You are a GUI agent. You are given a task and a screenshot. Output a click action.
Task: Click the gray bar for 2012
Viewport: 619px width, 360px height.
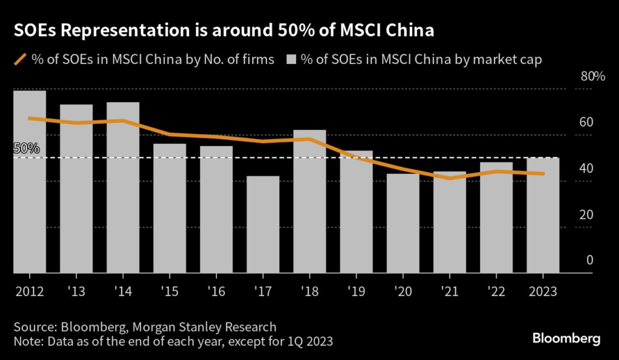tap(30, 181)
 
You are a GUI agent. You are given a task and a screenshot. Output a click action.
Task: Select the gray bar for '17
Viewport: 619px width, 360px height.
tap(263, 225)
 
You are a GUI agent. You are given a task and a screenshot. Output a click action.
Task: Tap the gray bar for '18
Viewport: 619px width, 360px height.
tap(309, 202)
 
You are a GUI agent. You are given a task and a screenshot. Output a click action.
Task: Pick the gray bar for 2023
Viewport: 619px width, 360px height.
tap(543, 216)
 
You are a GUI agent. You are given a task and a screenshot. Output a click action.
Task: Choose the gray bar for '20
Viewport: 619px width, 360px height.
tap(403, 223)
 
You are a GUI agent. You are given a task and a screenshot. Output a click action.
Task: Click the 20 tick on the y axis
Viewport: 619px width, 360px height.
tap(586, 215)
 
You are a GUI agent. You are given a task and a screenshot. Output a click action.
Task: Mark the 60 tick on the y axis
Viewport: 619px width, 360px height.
tap(586, 123)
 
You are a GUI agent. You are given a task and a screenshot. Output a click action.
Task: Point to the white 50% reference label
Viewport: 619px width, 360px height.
tap(26, 148)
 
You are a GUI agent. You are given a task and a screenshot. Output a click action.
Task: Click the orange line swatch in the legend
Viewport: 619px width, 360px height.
tap(20, 59)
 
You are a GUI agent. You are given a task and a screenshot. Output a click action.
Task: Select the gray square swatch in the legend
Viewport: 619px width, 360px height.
tap(291, 59)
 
